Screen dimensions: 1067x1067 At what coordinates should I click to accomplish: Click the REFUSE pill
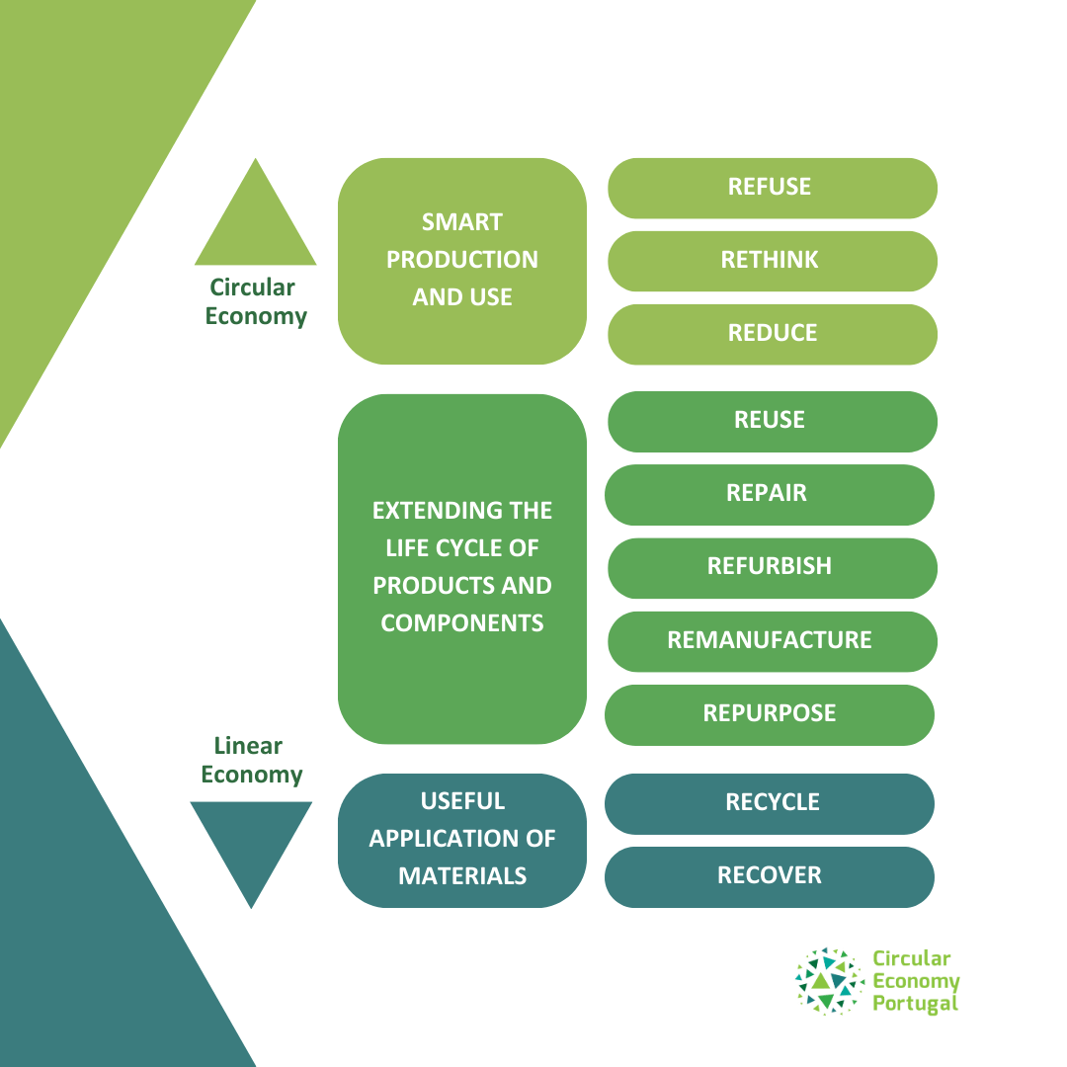773,189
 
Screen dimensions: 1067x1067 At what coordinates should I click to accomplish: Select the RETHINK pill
773,261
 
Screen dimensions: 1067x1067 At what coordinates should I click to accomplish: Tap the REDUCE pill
773,334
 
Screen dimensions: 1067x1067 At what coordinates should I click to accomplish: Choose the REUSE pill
773,421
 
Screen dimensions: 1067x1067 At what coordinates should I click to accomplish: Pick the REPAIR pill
769,495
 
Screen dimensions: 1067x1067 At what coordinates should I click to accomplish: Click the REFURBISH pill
773,568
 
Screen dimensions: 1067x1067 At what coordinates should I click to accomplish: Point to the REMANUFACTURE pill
773,642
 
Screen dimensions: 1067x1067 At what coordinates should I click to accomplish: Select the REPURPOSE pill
769,715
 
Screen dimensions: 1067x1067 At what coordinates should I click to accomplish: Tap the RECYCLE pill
769,803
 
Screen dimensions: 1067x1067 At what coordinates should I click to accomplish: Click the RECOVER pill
769,877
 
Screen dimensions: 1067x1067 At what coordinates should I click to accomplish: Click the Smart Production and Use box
462,261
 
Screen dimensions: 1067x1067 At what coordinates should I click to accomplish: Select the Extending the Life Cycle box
462,569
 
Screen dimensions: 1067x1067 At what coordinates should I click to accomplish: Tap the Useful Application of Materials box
462,841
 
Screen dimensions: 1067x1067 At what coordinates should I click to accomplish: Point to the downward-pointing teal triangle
251,844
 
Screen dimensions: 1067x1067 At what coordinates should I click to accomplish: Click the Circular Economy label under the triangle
255,301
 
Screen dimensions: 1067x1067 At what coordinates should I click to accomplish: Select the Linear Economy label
251,760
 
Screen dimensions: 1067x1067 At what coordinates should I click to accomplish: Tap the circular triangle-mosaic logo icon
830,981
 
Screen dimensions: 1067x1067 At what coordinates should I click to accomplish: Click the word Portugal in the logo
915,1005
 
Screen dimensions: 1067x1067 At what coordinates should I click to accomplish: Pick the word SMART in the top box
462,222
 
